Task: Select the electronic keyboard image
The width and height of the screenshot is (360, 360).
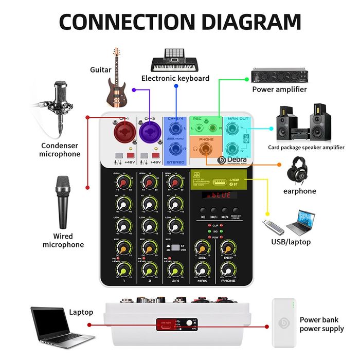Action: click(x=175, y=60)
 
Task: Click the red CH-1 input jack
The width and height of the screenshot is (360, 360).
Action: click(x=124, y=134)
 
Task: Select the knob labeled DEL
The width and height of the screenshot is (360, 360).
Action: click(x=202, y=248)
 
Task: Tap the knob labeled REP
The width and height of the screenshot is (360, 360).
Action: click(x=228, y=248)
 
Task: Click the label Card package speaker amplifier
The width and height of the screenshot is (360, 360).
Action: click(x=306, y=147)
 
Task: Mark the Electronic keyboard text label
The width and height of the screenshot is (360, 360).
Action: click(x=175, y=78)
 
